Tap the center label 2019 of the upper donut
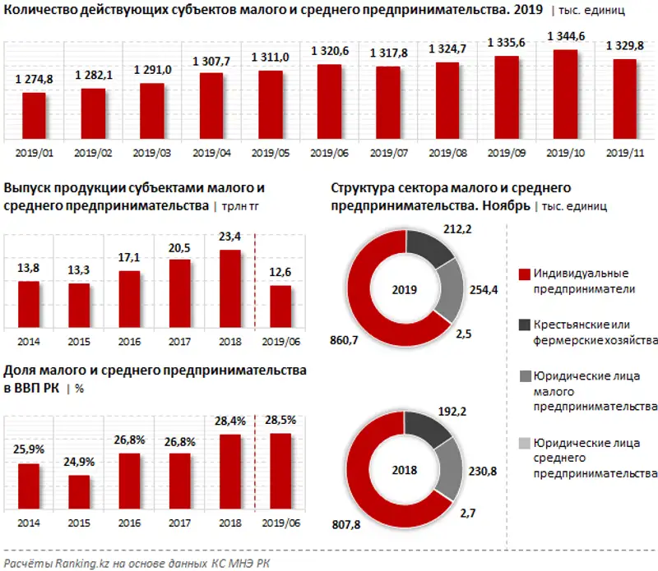(405, 290)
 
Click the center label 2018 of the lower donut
(405, 471)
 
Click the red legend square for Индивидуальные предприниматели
(523, 274)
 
